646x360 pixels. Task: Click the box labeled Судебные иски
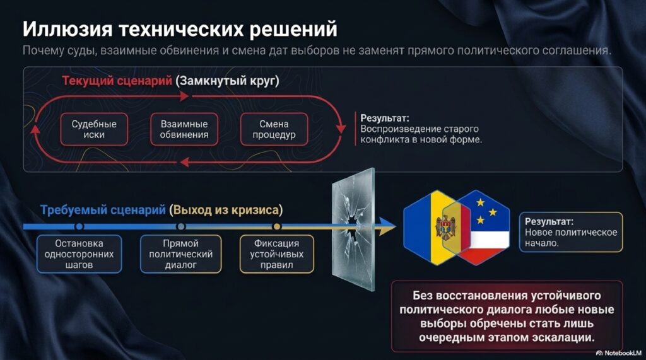click(x=94, y=129)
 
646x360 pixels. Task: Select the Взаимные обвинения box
click(x=184, y=129)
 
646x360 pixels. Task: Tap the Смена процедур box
click(x=274, y=129)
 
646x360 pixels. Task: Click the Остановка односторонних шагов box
click(x=79, y=254)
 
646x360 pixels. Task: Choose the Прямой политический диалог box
click(x=181, y=254)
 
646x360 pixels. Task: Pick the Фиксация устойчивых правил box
click(x=277, y=254)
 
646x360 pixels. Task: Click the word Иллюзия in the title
click(x=68, y=29)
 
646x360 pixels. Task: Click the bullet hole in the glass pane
click(x=351, y=224)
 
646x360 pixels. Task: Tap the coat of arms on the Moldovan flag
click(x=446, y=228)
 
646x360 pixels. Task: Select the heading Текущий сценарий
click(x=117, y=81)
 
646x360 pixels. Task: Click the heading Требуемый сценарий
click(x=103, y=210)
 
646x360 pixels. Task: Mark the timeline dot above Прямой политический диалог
click(x=181, y=226)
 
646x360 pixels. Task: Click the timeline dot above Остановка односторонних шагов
click(x=79, y=226)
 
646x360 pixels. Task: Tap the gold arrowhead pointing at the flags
click(x=387, y=226)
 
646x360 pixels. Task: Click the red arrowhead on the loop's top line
click(x=184, y=96)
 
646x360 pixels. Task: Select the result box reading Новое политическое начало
click(x=571, y=232)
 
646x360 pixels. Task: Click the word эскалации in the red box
click(x=563, y=338)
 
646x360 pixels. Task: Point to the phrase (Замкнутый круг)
click(x=227, y=81)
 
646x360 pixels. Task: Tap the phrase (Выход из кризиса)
click(x=226, y=210)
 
